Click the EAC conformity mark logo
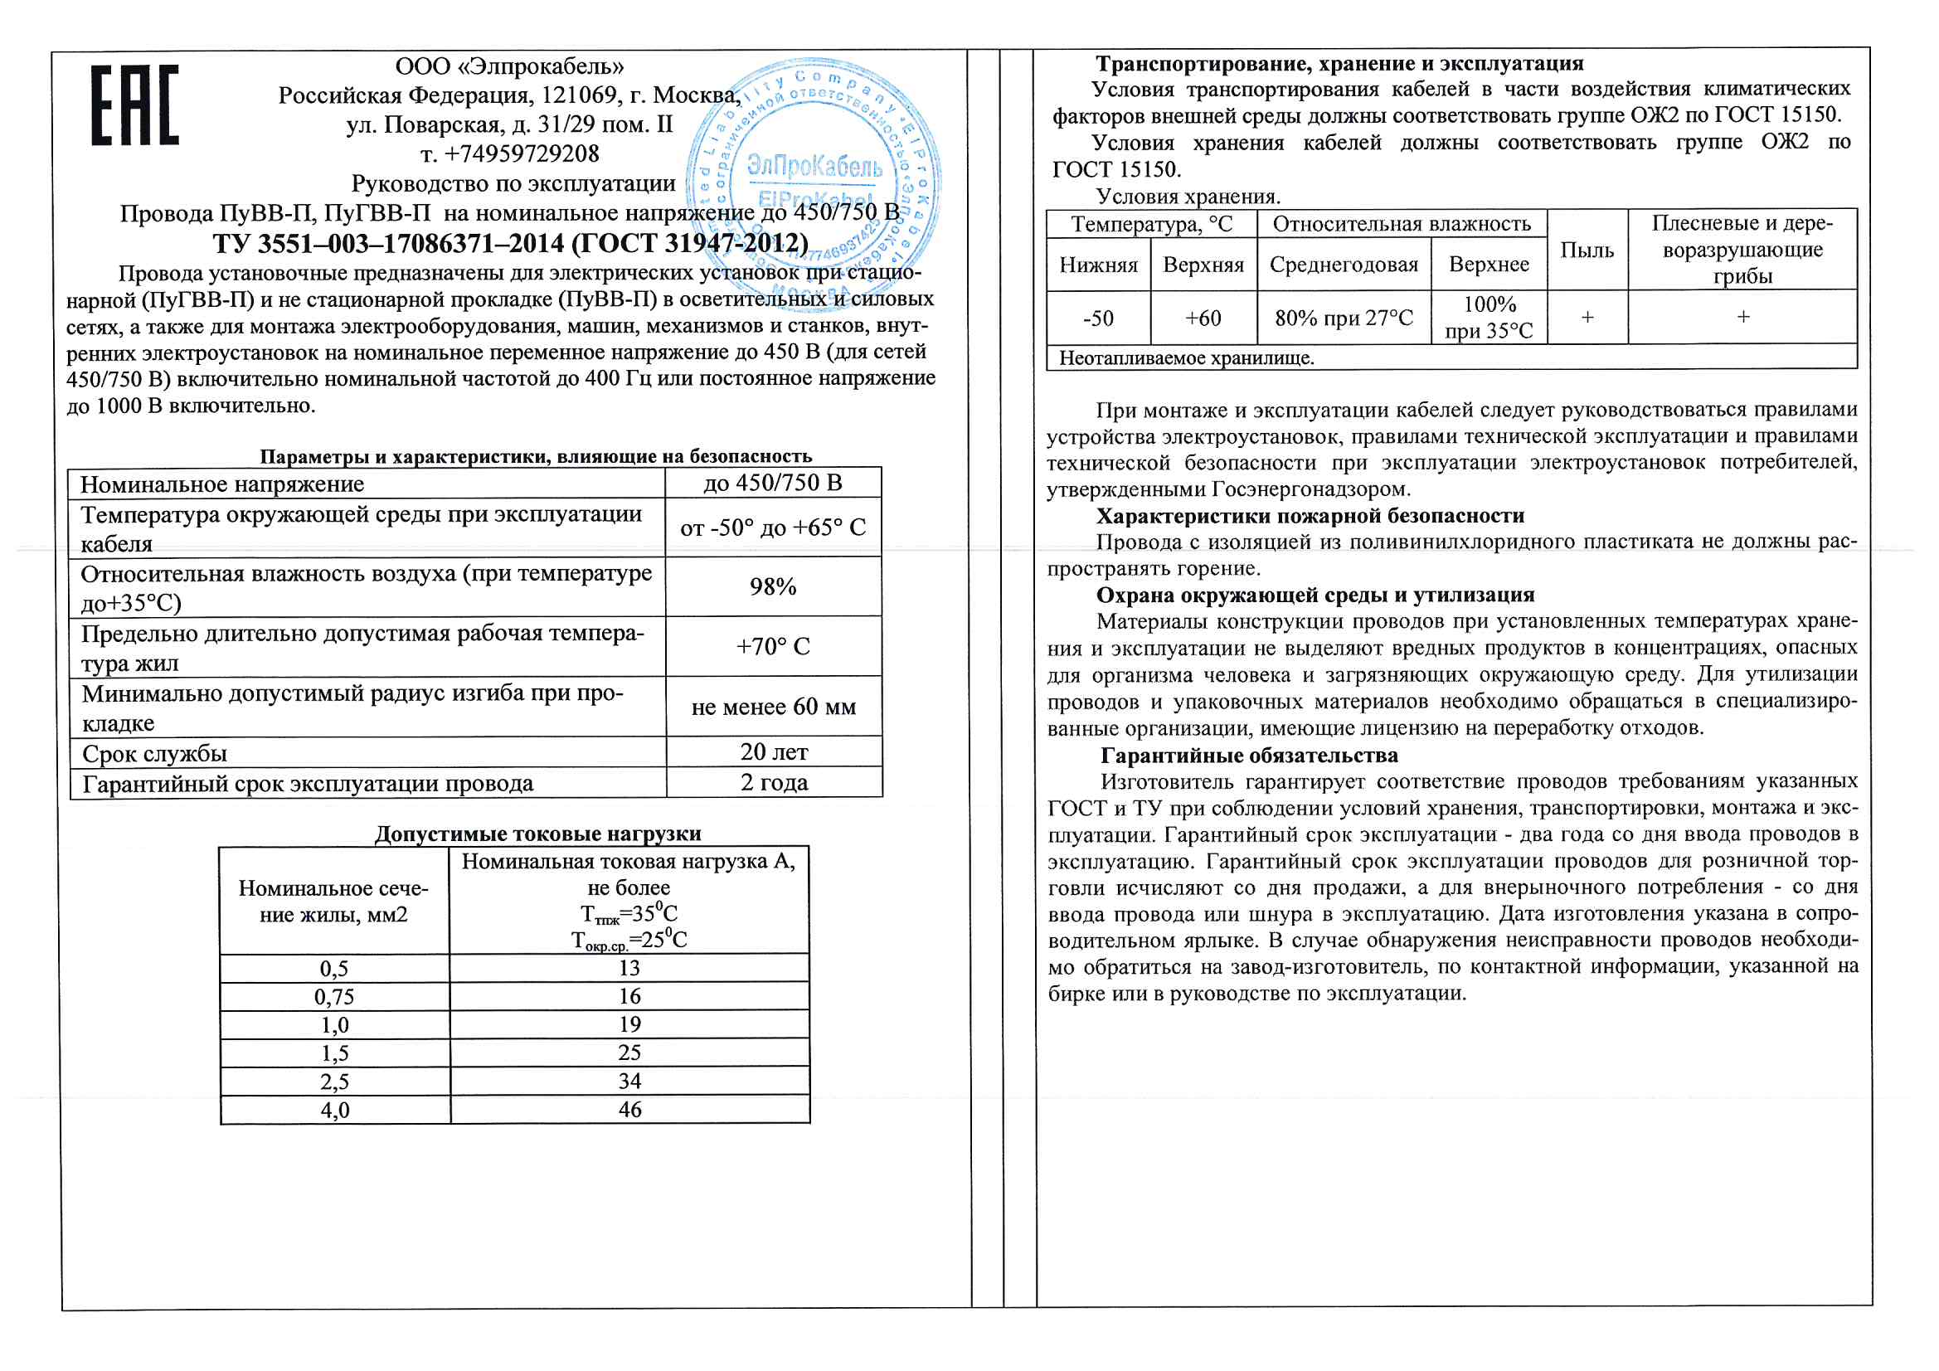[x=135, y=105]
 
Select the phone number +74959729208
[x=510, y=153]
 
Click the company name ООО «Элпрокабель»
[x=510, y=66]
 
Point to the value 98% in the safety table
[x=773, y=587]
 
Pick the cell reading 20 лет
[x=774, y=751]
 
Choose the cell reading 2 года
[x=774, y=782]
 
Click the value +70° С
[x=773, y=646]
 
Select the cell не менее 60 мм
[x=774, y=707]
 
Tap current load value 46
[x=630, y=1109]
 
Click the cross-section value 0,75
[x=334, y=997]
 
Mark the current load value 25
[x=630, y=1053]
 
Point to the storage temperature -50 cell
[x=1098, y=318]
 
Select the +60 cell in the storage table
[x=1203, y=318]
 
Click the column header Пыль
[x=1587, y=250]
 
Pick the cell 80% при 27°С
[x=1344, y=318]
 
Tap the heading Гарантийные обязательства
[x=1249, y=756]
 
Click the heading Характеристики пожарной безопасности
[x=1310, y=516]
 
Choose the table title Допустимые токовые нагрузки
[x=538, y=834]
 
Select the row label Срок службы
[x=154, y=753]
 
